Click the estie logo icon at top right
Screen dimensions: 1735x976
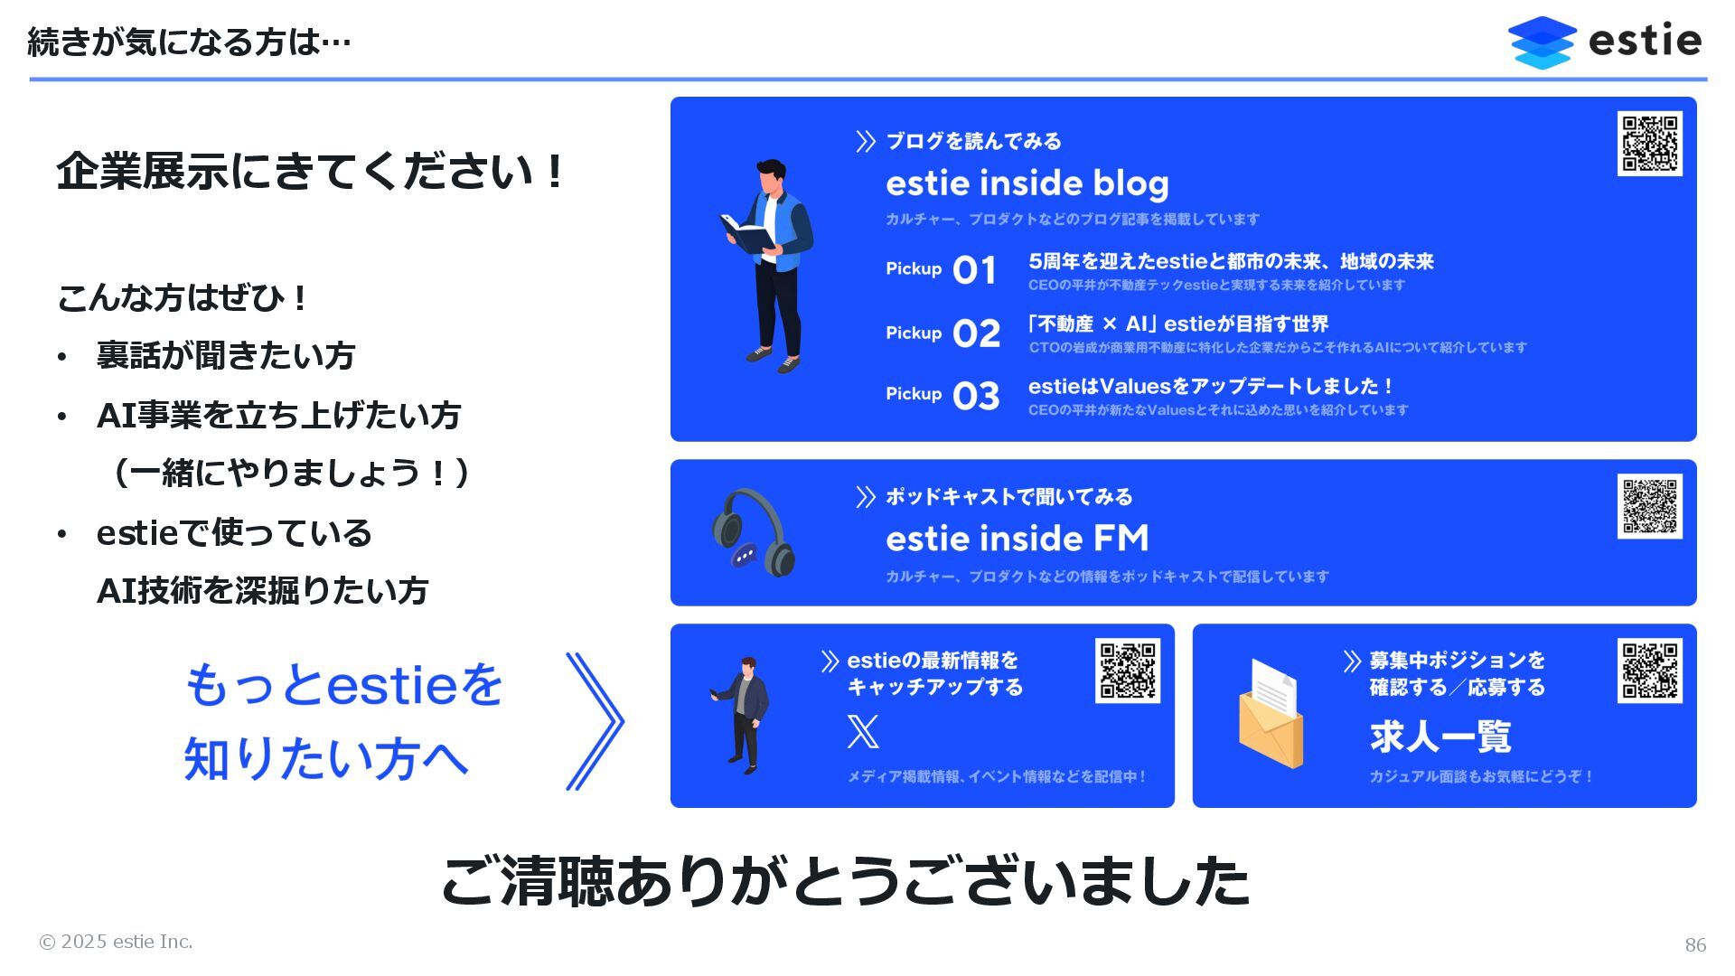click(1542, 42)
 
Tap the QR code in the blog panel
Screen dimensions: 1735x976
click(1649, 143)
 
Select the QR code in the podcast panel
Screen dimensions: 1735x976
click(1649, 506)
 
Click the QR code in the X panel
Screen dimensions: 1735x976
click(1128, 671)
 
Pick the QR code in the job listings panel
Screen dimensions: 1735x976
click(1649, 671)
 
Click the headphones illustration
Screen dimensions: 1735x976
click(753, 533)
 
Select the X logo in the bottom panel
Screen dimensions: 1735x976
click(863, 731)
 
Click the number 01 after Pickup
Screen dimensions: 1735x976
click(974, 270)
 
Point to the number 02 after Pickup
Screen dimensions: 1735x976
click(976, 333)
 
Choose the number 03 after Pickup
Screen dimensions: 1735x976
click(976, 396)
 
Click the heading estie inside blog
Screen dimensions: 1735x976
click(1027, 183)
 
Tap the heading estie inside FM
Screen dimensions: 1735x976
click(1017, 539)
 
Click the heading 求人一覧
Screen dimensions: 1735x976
click(1440, 737)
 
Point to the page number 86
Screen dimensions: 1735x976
click(1695, 945)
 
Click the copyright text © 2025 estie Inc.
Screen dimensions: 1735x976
click(116, 942)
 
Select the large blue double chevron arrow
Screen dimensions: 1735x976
click(595, 721)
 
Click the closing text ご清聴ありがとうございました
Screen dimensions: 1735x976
click(845, 880)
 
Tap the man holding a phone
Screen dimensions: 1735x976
click(744, 714)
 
